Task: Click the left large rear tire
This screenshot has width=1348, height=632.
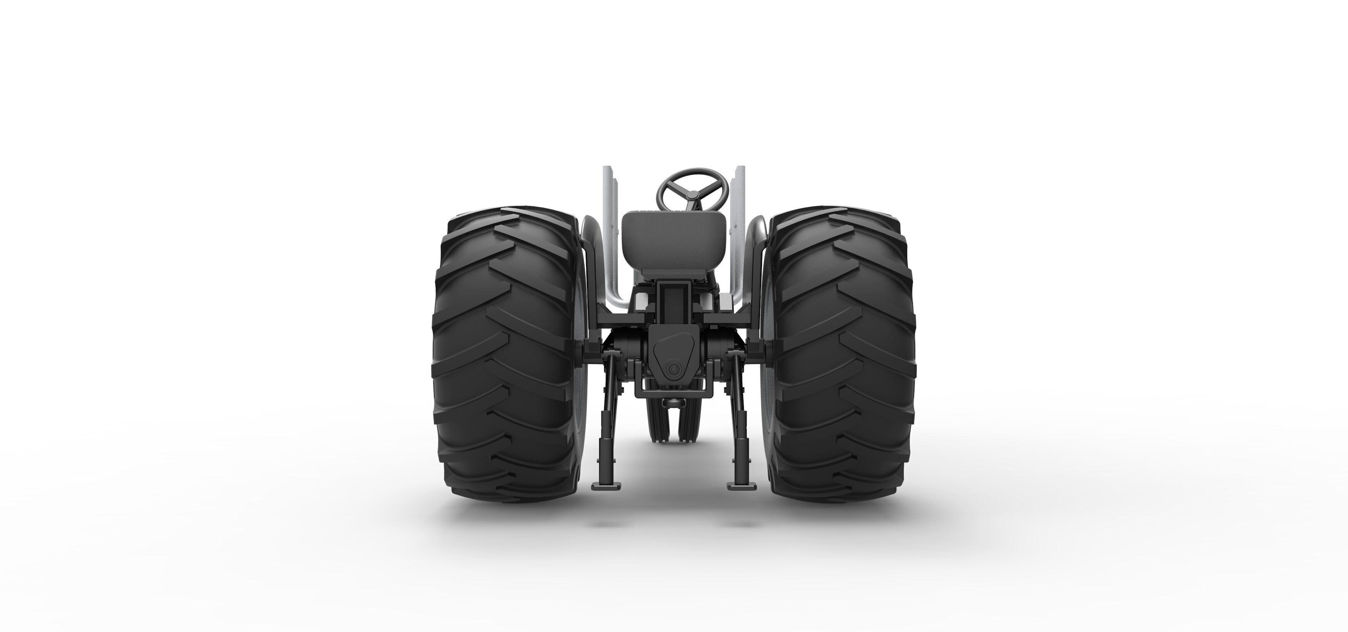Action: (505, 356)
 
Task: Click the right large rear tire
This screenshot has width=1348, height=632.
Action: (842, 356)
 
